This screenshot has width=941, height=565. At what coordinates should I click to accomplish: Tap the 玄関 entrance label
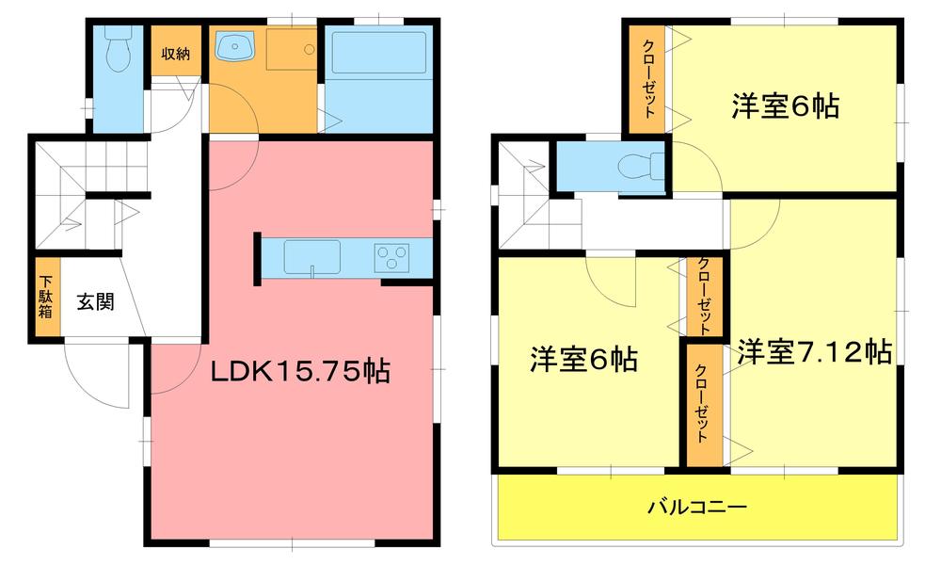pos(95,302)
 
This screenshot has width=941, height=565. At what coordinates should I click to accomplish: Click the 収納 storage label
pos(174,54)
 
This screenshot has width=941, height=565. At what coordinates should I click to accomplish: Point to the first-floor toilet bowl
pos(118,52)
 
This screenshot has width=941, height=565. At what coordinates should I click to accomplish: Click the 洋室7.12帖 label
pos(814,352)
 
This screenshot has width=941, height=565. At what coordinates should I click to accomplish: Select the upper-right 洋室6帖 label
pos(786,107)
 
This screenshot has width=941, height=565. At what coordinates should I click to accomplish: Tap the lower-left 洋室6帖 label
pos(584,359)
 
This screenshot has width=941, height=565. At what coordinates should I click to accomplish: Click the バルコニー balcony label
pos(697,508)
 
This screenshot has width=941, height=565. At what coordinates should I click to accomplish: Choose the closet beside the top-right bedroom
pos(649,79)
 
